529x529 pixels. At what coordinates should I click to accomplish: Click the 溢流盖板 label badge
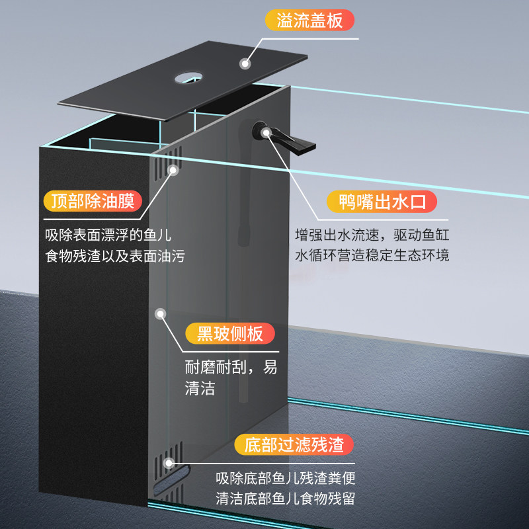click(309, 20)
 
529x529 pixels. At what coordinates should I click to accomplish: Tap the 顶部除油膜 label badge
click(93, 202)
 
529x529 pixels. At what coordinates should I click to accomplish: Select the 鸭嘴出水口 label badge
click(382, 202)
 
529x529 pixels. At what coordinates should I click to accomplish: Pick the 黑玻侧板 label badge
click(230, 334)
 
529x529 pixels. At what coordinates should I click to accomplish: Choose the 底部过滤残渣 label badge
click(294, 444)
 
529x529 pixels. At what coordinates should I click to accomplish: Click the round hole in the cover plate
click(188, 78)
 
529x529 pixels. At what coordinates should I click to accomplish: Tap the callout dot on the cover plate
click(245, 63)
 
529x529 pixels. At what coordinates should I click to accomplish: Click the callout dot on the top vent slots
click(173, 171)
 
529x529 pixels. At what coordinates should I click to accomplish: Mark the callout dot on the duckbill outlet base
click(266, 133)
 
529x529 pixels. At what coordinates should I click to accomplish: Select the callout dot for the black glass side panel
click(161, 314)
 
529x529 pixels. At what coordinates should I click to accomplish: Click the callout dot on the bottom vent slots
click(169, 463)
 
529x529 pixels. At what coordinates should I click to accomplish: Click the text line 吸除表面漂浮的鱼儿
click(108, 235)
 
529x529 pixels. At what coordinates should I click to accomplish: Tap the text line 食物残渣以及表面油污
click(115, 256)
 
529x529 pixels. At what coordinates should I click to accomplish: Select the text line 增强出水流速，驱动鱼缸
click(372, 235)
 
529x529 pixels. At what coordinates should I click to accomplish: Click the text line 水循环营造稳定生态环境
click(372, 255)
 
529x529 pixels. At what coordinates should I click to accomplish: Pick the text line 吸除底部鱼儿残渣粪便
click(286, 478)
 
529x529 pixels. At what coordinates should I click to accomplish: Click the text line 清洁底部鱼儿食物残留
click(286, 499)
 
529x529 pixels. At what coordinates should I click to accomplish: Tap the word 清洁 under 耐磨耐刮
click(200, 388)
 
